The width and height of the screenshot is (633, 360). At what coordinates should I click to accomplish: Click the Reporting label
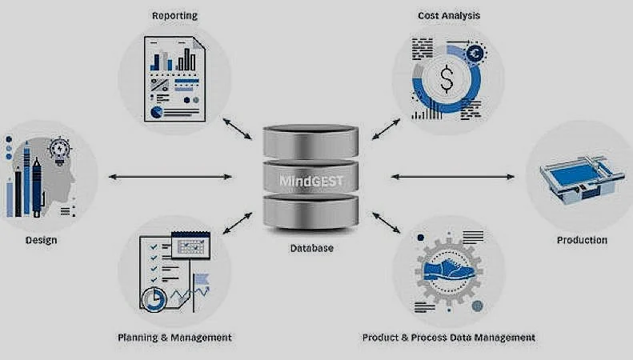(x=174, y=15)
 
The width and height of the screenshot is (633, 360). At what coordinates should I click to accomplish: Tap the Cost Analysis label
(x=449, y=15)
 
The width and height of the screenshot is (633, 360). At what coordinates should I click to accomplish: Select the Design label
(x=41, y=239)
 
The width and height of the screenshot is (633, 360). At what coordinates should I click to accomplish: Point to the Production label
(x=582, y=239)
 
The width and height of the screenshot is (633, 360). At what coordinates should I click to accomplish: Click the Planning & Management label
(x=174, y=337)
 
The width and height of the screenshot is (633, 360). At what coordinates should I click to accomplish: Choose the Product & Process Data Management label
(x=449, y=337)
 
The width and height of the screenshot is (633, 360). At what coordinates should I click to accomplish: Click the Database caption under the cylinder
(x=311, y=248)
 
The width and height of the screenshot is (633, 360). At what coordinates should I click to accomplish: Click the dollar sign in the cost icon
(x=447, y=78)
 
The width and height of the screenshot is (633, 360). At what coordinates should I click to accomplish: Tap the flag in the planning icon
(x=198, y=278)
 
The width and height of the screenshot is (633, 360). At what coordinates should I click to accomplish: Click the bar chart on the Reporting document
(x=177, y=60)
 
